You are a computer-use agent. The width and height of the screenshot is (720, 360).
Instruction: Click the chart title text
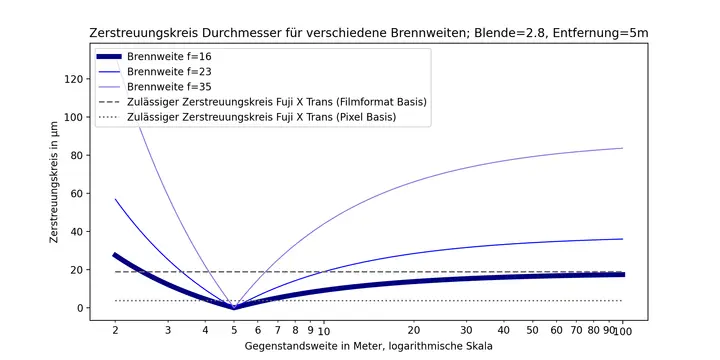pyautogui.click(x=369, y=33)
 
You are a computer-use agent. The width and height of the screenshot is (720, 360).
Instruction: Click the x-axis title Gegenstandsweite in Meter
pyautogui.click(x=368, y=346)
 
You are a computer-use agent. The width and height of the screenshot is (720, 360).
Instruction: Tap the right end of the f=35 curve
pyautogui.click(x=622, y=148)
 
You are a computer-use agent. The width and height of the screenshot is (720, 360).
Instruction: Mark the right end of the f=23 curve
pyautogui.click(x=622, y=239)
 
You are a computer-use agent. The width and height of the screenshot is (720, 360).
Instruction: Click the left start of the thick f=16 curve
pyautogui.click(x=115, y=255)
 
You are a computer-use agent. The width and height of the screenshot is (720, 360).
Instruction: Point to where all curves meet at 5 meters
pyautogui.click(x=234, y=307)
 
